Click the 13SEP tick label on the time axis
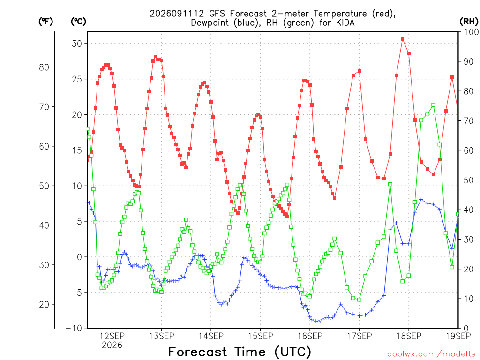(x=161, y=336)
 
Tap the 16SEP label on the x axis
(x=310, y=336)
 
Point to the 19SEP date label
(x=458, y=336)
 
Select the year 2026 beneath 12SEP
(x=112, y=345)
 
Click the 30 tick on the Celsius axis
(x=77, y=44)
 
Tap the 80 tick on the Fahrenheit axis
(x=44, y=67)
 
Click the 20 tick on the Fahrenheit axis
(x=44, y=304)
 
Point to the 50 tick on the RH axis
(x=469, y=180)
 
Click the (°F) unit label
(x=45, y=22)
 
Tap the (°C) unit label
(x=78, y=22)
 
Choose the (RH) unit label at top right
(x=469, y=22)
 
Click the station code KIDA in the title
(x=345, y=22)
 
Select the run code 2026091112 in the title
(x=177, y=14)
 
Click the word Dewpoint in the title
(x=210, y=23)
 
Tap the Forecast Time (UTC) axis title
(x=240, y=352)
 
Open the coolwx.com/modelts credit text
(x=431, y=354)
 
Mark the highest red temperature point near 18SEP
(x=403, y=39)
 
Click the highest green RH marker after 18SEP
(x=434, y=105)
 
